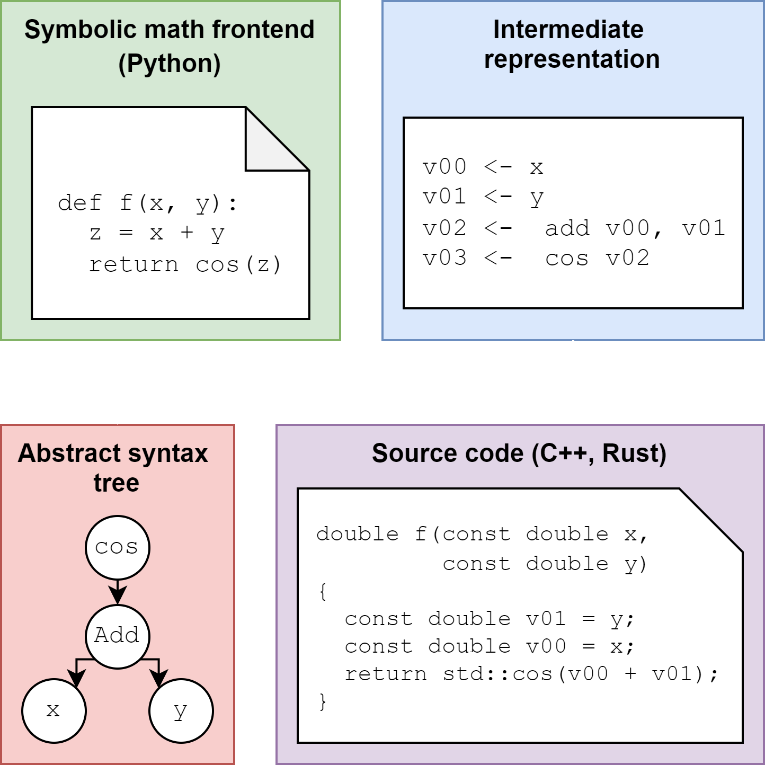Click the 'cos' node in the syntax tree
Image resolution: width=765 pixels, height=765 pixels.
pos(117,547)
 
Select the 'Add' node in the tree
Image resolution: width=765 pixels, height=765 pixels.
pos(117,635)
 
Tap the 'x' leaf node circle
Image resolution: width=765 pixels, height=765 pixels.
pos(54,710)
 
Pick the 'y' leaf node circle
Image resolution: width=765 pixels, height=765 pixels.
pos(181,710)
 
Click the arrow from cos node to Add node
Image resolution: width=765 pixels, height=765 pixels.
pos(117,591)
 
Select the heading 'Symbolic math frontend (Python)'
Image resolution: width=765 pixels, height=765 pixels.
pos(170,47)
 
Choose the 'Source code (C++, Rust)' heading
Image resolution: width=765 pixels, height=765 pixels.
pos(519,453)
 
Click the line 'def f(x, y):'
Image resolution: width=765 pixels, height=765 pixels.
pos(148,203)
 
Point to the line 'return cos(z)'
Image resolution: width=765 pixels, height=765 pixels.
pos(185,264)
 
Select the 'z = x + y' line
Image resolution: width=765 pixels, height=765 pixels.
pos(157,234)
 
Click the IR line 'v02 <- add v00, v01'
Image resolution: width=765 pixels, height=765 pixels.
pos(573,228)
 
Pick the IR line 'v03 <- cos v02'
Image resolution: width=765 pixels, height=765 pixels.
pos(536,259)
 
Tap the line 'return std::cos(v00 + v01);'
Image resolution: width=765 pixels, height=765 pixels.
pos(531,674)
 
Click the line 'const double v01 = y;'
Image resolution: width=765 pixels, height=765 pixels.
pos(489,619)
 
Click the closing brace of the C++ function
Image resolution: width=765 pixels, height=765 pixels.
pos(323,701)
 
